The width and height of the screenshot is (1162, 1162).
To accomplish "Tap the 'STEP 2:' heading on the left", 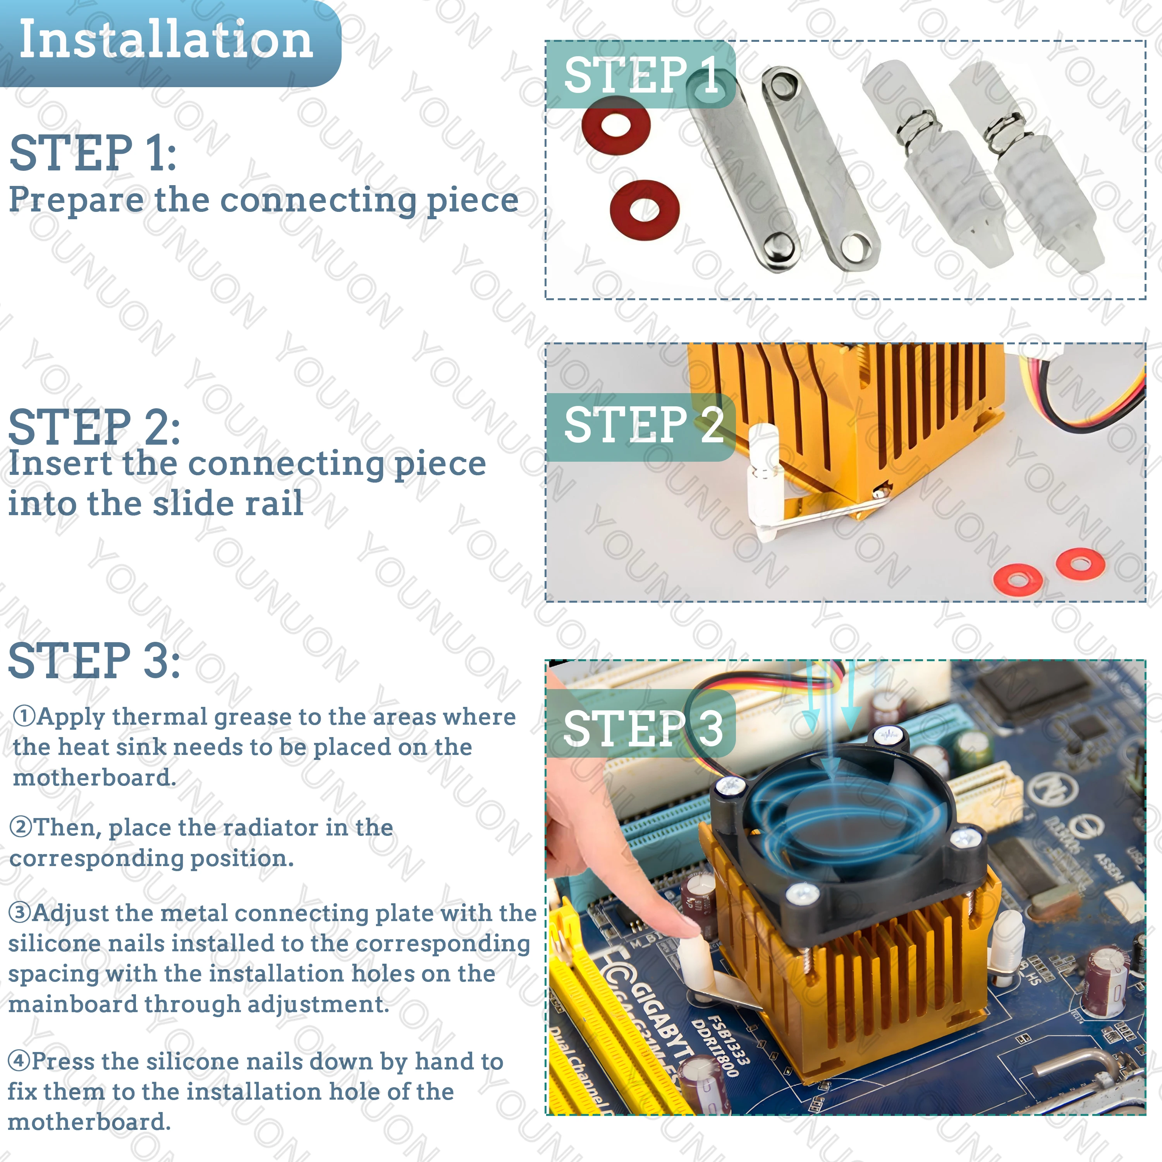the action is click(x=95, y=426).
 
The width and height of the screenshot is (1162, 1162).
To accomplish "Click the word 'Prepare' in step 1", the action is click(x=76, y=200).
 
